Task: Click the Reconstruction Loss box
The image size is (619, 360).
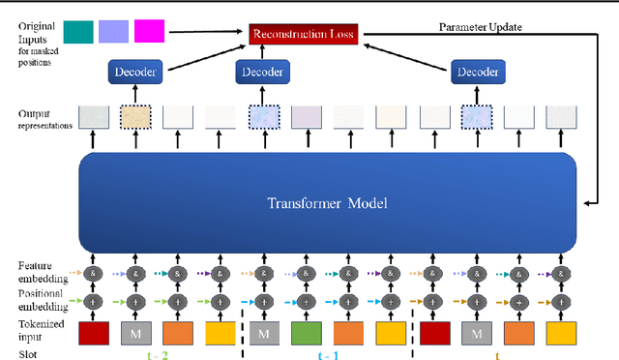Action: click(x=304, y=35)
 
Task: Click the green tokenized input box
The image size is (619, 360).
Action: click(x=306, y=333)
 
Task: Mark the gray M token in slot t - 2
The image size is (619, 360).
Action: click(x=136, y=333)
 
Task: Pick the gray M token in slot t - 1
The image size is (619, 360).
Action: click(x=264, y=333)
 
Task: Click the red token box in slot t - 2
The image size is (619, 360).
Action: click(x=94, y=333)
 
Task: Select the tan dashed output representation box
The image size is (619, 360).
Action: click(x=136, y=117)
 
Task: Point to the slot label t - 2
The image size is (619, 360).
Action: click(x=158, y=354)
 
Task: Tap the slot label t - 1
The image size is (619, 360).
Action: click(x=331, y=354)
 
